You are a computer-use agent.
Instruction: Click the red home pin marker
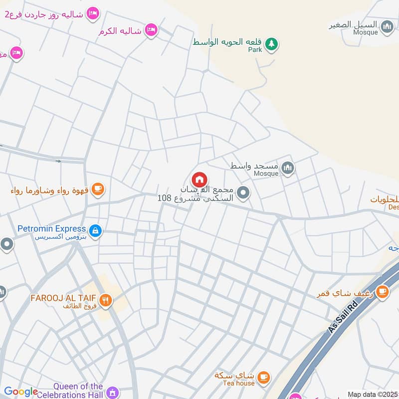(x=199, y=180)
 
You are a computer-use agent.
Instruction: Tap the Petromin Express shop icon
(x=95, y=230)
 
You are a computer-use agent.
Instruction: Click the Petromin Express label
(x=52, y=229)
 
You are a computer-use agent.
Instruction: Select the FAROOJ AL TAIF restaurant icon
(x=105, y=300)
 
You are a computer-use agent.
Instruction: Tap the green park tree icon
(x=271, y=44)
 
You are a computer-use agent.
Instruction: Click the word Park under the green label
(x=255, y=50)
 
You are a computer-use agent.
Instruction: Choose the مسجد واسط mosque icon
(x=287, y=169)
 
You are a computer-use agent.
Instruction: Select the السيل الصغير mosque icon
(x=387, y=26)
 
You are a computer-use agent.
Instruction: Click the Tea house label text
(x=241, y=383)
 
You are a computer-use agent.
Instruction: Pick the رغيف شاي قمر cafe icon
(x=382, y=292)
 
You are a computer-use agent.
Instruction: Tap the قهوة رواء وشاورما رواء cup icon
(x=98, y=189)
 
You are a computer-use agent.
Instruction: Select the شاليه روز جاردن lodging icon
(x=92, y=14)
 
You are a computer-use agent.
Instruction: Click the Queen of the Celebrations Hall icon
(x=113, y=393)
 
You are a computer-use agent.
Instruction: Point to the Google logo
(x=21, y=392)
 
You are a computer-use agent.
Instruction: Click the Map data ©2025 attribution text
(x=373, y=394)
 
